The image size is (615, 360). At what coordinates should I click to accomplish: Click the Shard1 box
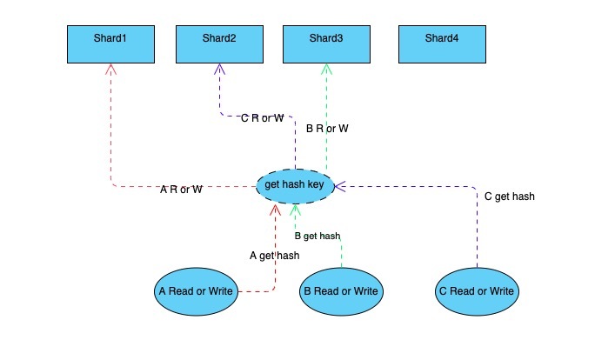[111, 43]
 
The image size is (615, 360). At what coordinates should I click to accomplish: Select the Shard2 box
[219, 43]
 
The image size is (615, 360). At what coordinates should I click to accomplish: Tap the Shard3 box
[326, 43]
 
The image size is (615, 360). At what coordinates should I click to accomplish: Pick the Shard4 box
[442, 43]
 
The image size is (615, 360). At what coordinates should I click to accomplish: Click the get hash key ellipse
[295, 185]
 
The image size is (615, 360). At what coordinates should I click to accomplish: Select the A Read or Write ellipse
[197, 291]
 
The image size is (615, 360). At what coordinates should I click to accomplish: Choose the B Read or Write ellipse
[341, 291]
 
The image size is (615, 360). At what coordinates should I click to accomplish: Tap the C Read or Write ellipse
[478, 291]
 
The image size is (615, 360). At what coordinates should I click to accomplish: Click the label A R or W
[182, 189]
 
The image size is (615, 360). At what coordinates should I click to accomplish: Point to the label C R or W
[262, 117]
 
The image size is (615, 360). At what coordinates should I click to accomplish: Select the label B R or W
[328, 129]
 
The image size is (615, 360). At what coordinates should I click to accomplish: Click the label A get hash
[274, 255]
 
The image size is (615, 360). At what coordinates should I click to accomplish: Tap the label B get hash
[318, 236]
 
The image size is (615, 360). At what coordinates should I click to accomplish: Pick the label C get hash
[509, 197]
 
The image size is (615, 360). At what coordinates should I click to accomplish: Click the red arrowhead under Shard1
[111, 69]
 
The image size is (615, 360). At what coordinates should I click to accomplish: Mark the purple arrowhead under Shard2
[218, 69]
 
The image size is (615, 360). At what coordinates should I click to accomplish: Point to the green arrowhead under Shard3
[326, 69]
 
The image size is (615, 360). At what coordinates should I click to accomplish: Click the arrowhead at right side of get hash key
[340, 184]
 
